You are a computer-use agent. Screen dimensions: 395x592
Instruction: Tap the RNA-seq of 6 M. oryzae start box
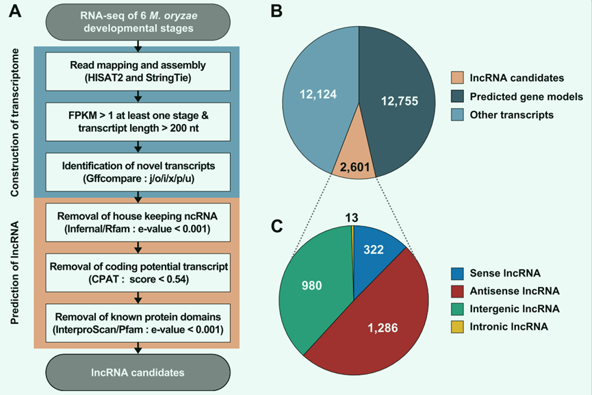[139, 21]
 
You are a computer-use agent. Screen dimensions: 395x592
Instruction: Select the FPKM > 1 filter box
[139, 121]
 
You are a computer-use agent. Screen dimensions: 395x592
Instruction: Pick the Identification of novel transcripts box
[139, 171]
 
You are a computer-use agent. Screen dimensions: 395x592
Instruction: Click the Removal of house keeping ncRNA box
[139, 222]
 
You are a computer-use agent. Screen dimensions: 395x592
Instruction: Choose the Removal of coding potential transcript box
[139, 272]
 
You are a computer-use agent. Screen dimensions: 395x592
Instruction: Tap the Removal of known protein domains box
[139, 322]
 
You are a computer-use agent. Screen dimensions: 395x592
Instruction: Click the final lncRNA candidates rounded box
[139, 372]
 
